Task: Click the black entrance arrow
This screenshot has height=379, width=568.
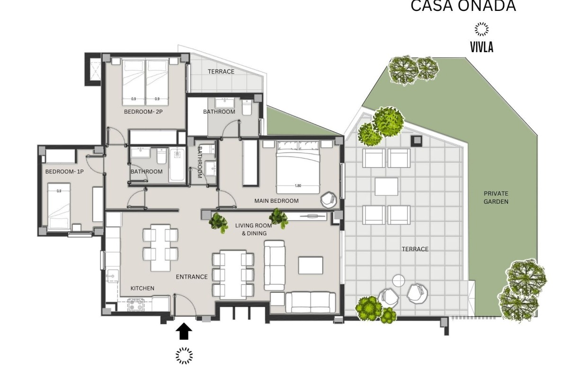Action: (184, 332)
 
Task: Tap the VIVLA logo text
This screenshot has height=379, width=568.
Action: (482, 47)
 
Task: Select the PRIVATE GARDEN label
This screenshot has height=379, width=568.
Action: (496, 198)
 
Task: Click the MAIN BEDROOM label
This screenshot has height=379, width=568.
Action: (276, 201)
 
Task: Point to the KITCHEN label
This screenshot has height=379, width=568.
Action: (142, 288)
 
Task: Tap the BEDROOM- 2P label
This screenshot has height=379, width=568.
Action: (143, 112)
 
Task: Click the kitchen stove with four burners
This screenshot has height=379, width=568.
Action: (136, 305)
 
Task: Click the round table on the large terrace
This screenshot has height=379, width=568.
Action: (399, 281)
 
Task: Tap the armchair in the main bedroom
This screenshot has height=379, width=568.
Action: (328, 199)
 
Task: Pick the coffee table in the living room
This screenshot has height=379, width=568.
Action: (311, 265)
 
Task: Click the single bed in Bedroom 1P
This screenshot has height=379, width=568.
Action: (59, 208)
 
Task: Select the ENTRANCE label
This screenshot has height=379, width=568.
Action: (192, 277)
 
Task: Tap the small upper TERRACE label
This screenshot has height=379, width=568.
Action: (221, 72)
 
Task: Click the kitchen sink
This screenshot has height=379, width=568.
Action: (112, 275)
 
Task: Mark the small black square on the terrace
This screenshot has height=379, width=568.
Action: (417, 140)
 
